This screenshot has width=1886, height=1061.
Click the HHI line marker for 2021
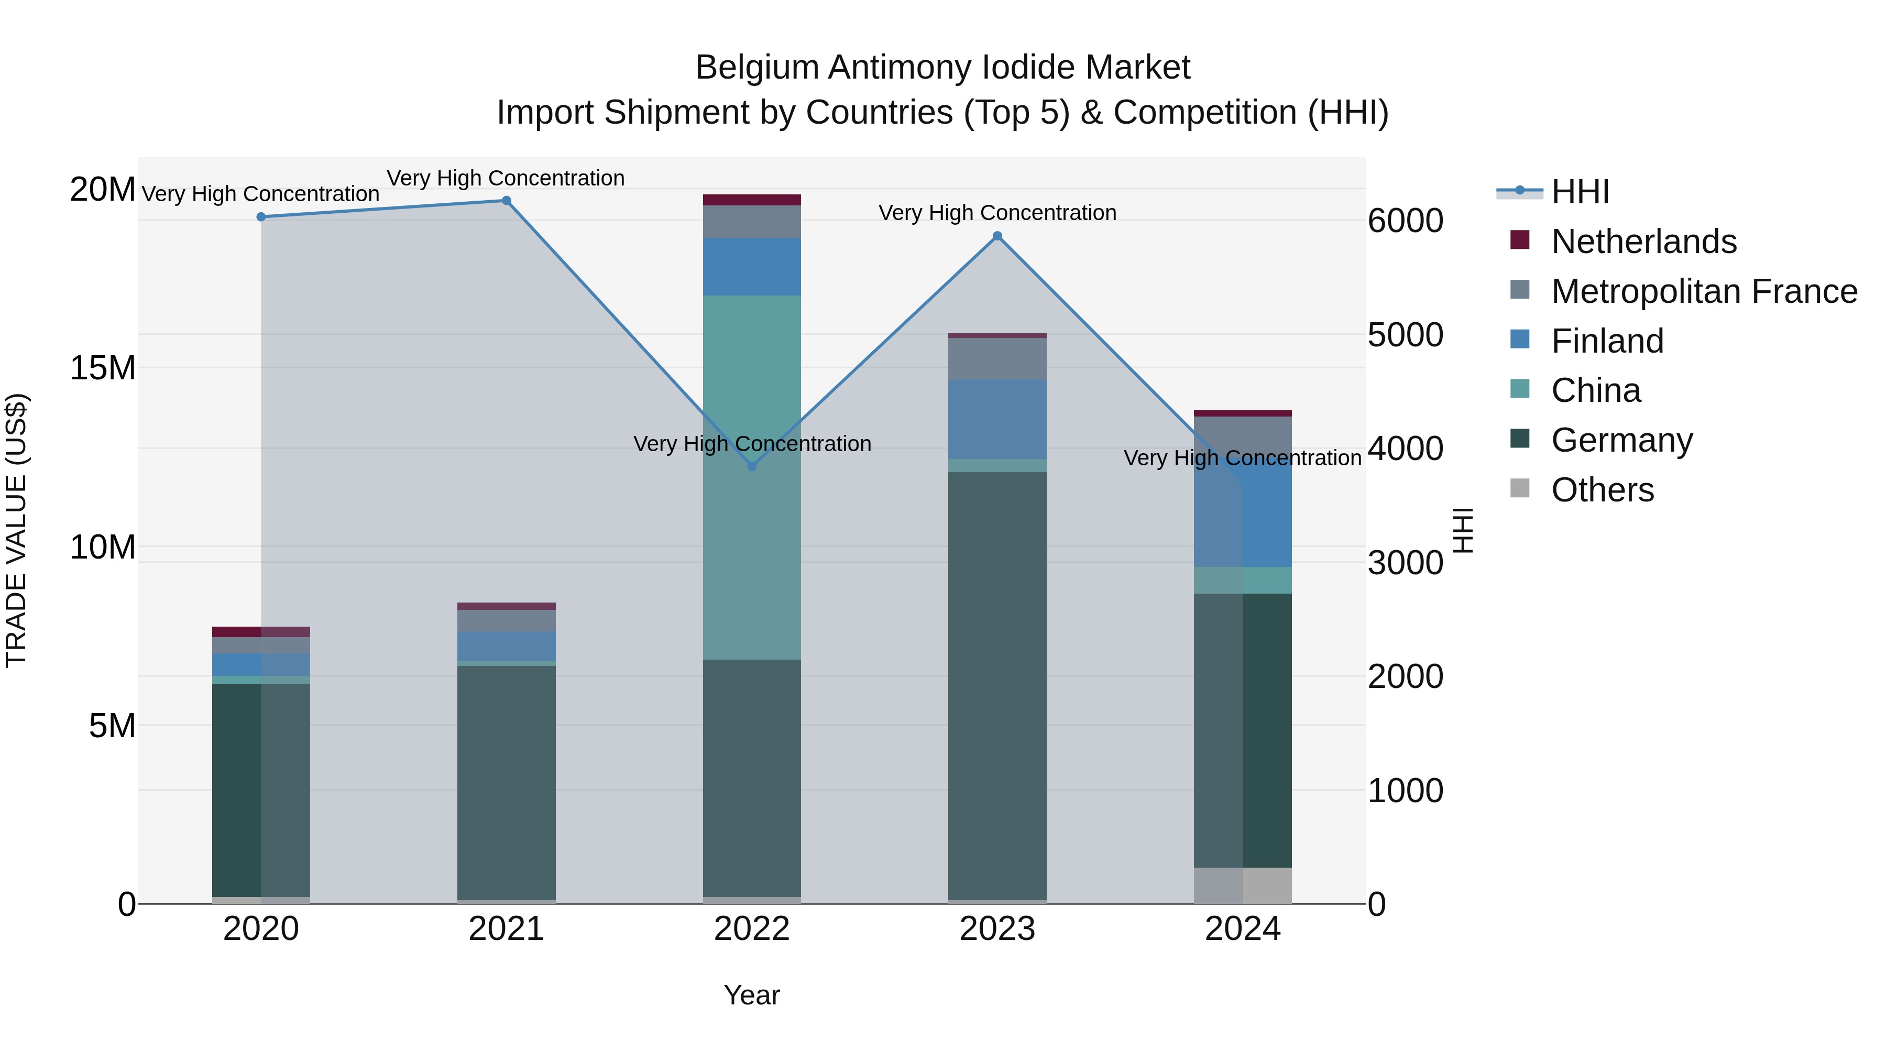[506, 201]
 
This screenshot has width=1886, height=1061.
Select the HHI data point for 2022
[751, 466]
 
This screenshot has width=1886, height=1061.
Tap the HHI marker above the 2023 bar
[997, 236]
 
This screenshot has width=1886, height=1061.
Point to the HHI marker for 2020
[261, 217]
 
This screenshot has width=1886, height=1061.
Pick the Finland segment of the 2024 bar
[1243, 512]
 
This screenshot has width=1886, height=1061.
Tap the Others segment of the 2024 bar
[1243, 885]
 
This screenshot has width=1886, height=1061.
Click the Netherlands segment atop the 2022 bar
[751, 200]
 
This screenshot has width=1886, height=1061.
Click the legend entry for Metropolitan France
[1704, 291]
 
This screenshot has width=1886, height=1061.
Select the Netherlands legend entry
[1643, 242]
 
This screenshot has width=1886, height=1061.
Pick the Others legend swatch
[1520, 488]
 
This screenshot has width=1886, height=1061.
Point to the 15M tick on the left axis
[103, 368]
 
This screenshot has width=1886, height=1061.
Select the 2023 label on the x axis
[997, 929]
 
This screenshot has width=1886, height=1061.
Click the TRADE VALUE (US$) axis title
[16, 530]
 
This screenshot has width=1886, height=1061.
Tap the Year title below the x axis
[751, 995]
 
